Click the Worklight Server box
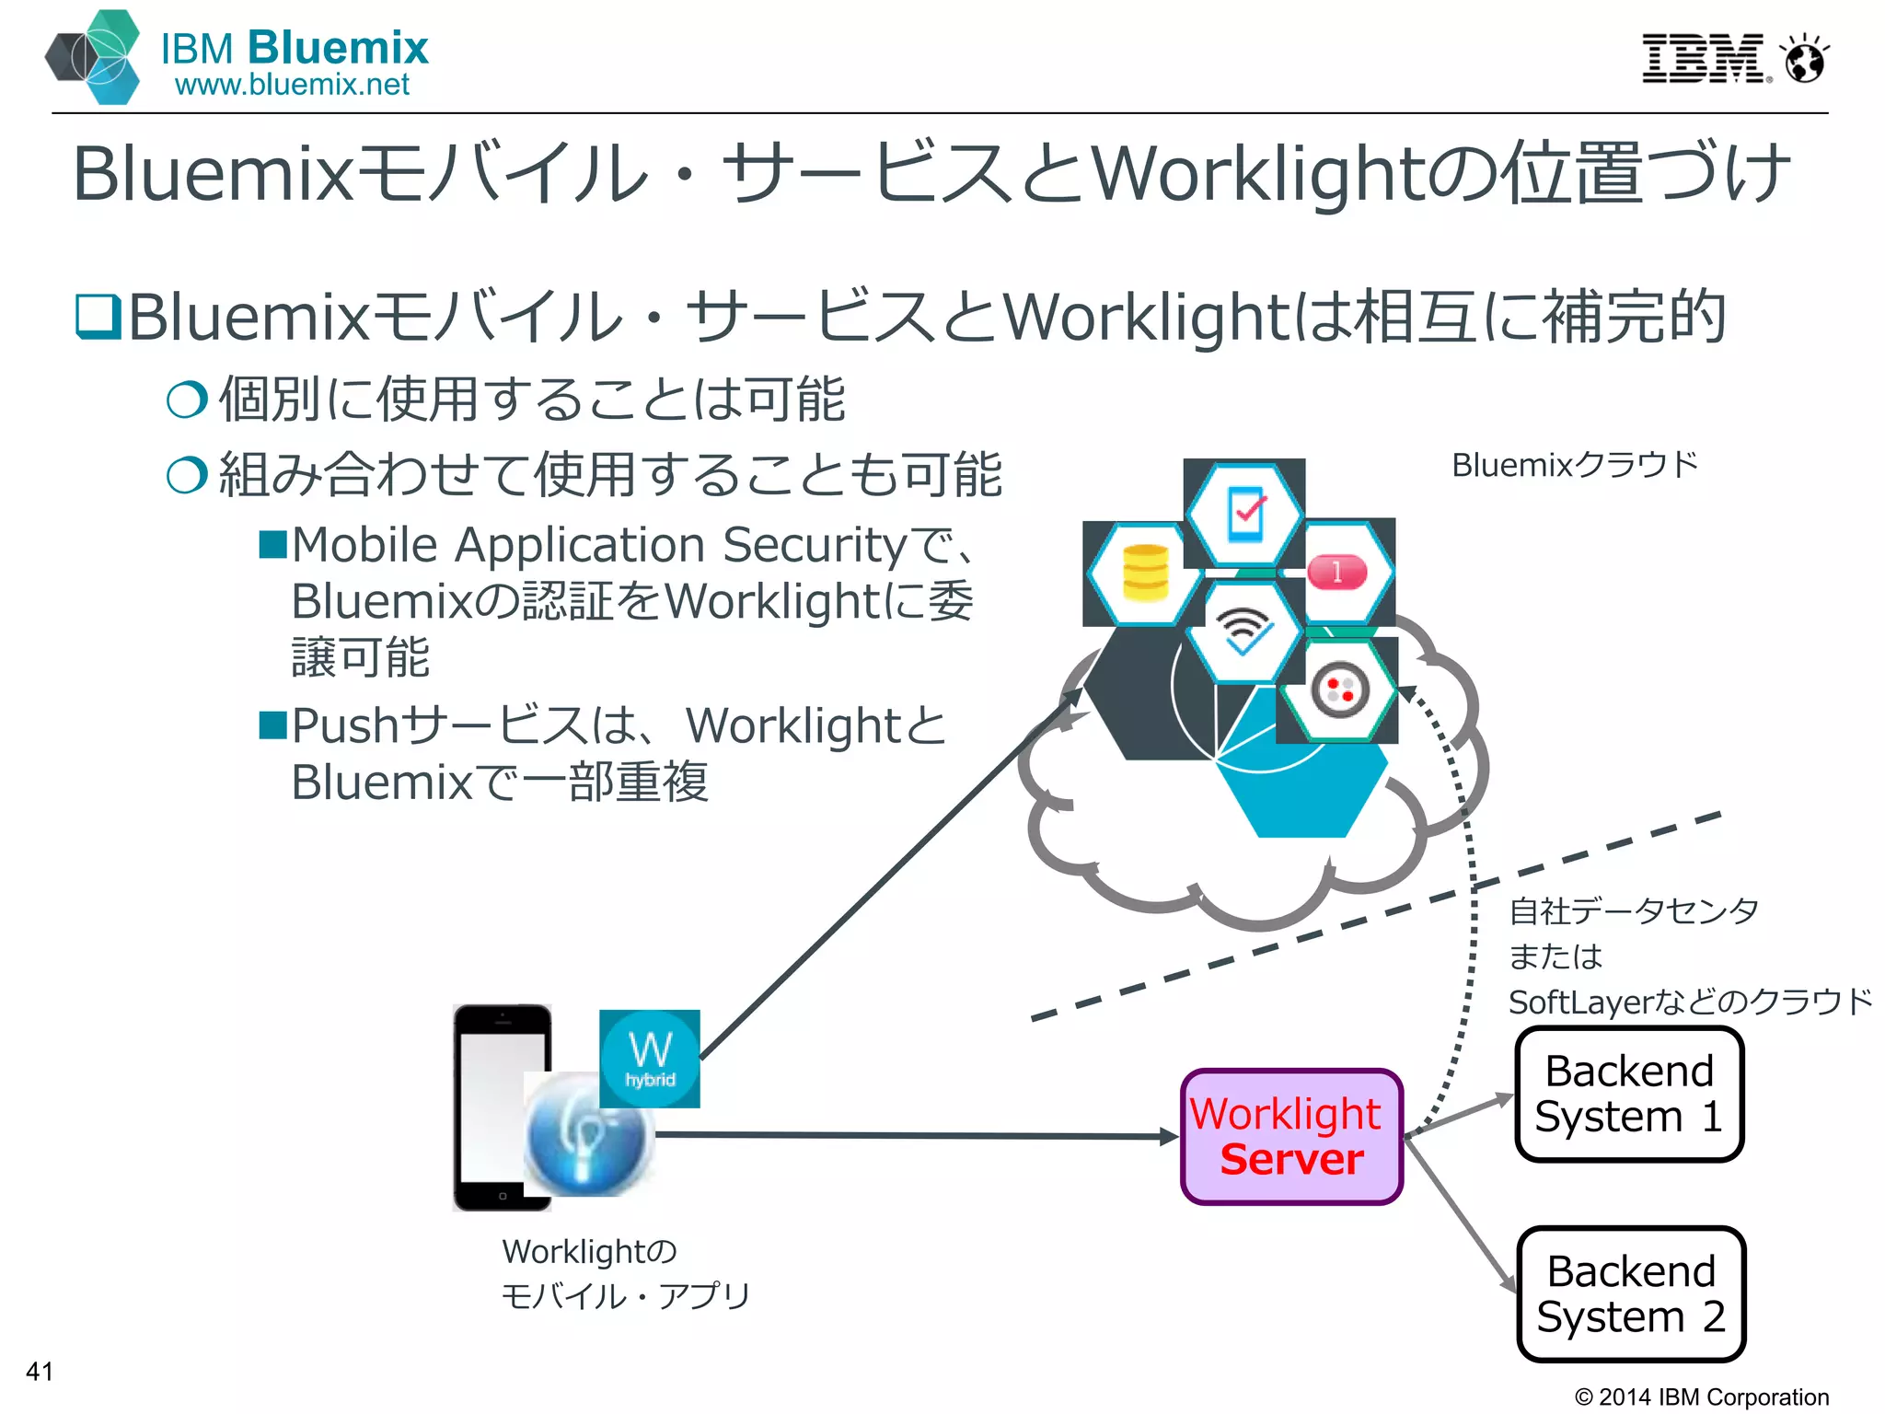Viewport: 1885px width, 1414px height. tap(1291, 1137)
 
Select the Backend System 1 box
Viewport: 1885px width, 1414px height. tap(1628, 1095)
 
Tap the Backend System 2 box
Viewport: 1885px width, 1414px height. tap(1630, 1294)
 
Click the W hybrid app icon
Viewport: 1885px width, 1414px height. tap(650, 1059)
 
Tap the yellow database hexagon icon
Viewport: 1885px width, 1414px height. tap(1145, 574)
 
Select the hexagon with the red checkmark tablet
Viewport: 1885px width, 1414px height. tap(1245, 514)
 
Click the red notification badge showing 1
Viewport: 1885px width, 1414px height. tap(1337, 573)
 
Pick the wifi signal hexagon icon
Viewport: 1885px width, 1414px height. tap(1243, 632)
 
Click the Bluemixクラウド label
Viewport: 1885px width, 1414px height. tap(1574, 465)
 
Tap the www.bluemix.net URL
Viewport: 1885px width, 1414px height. tap(292, 86)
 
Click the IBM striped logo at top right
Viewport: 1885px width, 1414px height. tap(1702, 59)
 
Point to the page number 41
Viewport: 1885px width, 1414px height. tap(40, 1371)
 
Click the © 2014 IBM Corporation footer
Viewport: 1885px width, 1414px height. tap(1702, 1397)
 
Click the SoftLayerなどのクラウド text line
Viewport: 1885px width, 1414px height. tap(1690, 1002)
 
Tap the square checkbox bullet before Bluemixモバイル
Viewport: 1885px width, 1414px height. tap(98, 316)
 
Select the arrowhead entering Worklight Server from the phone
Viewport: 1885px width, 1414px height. tap(1170, 1138)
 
